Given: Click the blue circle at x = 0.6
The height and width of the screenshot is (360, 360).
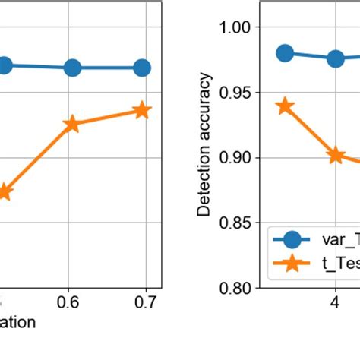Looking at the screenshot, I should (x=73, y=68).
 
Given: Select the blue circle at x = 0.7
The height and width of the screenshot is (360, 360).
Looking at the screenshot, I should (x=141, y=68).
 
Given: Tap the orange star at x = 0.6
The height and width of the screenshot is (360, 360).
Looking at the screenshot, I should (x=73, y=125).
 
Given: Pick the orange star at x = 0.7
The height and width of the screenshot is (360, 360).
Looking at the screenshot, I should (x=141, y=111).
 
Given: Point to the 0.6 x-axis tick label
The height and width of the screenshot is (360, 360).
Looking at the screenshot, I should (x=73, y=302).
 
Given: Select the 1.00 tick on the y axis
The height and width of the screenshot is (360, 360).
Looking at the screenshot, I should (x=238, y=27).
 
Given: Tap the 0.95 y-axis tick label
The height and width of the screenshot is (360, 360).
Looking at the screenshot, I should (x=238, y=93).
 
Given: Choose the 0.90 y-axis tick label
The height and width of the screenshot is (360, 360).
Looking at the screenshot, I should (x=238, y=158).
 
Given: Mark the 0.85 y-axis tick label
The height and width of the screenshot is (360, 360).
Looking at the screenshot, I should (x=238, y=223).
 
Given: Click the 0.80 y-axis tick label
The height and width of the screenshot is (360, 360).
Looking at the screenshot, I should (x=238, y=289).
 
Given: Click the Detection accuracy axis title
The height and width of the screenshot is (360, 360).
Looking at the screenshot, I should (x=204, y=144).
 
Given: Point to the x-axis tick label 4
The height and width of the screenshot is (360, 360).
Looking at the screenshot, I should (x=334, y=302).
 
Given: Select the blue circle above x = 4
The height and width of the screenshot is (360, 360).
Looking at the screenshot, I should (x=335, y=58).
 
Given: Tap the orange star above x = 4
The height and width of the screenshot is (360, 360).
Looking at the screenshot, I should (x=335, y=155).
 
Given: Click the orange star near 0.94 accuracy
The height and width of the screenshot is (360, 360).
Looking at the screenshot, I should (x=285, y=106).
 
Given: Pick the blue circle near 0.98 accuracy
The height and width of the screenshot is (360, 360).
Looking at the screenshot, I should (x=285, y=53).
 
